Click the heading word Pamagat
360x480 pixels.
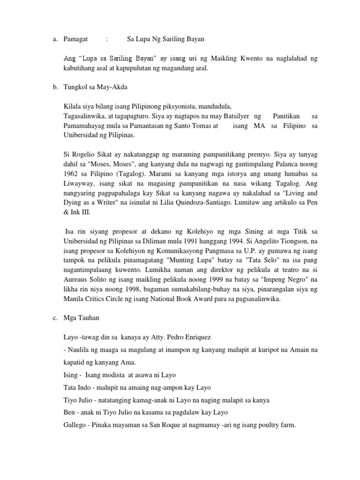coord(75,39)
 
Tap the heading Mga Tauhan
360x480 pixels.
coord(81,318)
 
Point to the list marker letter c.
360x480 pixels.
coord(55,318)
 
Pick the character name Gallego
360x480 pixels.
coord(75,425)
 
